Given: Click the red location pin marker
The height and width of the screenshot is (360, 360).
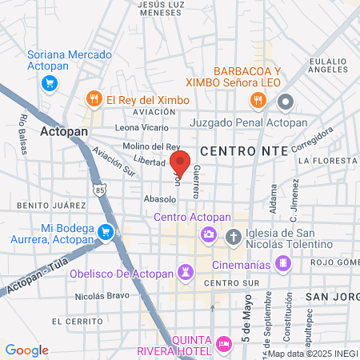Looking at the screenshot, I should point(180,162).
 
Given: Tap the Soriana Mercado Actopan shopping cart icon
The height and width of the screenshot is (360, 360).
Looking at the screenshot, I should point(50,83).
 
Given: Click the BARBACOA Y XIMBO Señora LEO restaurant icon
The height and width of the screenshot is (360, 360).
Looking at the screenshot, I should point(257,100).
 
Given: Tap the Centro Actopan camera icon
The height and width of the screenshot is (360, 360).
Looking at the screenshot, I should point(209,234).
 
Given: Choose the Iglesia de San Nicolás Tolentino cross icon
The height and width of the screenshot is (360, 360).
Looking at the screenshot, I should point(233,237).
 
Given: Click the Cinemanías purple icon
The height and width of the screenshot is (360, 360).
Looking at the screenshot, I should point(282,263).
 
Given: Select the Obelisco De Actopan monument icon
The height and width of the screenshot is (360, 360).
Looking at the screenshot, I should point(186,272).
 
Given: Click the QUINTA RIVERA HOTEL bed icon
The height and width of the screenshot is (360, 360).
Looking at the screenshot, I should point(224,344).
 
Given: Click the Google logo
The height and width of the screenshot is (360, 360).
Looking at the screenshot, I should point(26,350).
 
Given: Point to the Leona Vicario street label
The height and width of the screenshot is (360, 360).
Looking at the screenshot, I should point(142,127).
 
